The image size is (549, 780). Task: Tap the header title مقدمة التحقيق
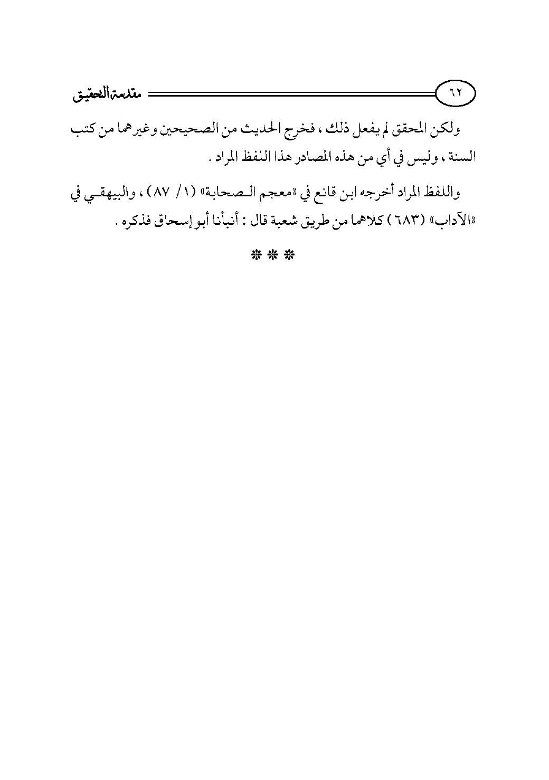point(104,96)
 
